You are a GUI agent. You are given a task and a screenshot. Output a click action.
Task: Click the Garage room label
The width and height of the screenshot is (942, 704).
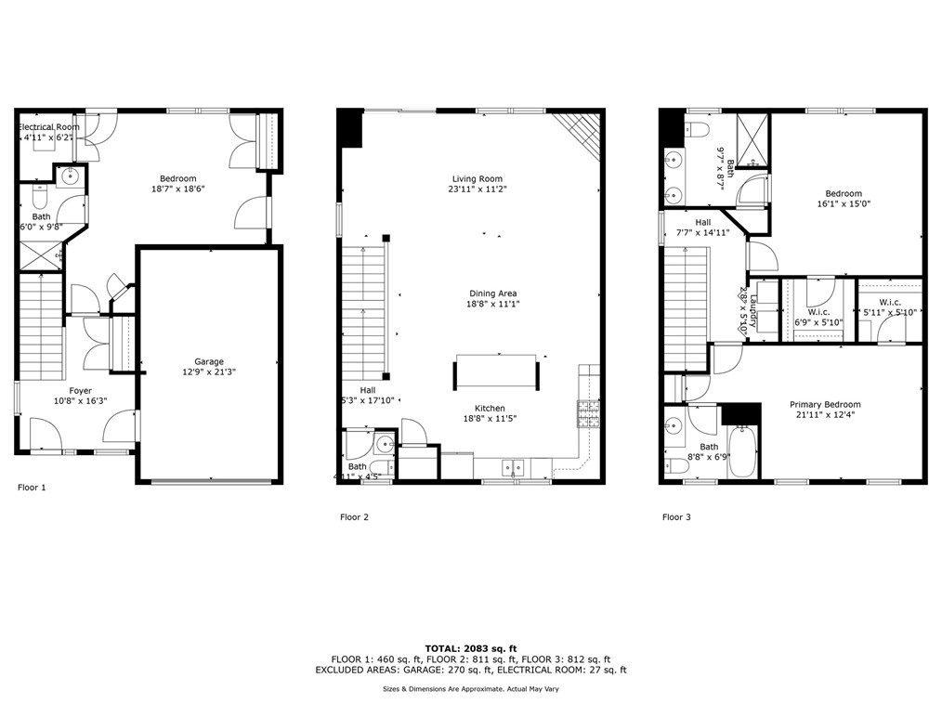[x=209, y=362]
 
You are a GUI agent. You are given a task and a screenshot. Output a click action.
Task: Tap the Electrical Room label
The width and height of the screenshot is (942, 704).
[x=49, y=126]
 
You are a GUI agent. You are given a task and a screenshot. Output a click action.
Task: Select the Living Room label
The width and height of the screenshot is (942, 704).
[x=478, y=179]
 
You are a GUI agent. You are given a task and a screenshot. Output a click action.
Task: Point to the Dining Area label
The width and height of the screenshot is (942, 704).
[x=492, y=293]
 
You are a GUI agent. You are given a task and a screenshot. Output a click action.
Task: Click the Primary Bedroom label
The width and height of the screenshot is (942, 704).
[x=825, y=405]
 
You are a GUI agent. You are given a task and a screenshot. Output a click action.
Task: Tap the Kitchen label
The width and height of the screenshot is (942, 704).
[x=491, y=408]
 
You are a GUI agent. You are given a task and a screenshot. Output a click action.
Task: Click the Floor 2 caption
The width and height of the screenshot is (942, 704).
[x=355, y=516]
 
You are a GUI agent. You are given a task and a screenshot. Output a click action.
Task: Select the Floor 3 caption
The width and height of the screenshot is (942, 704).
[x=676, y=516]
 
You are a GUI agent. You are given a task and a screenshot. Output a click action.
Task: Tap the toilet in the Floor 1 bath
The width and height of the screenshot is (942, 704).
[x=39, y=197]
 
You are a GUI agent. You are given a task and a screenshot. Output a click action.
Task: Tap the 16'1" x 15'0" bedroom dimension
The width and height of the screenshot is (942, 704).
[x=844, y=204]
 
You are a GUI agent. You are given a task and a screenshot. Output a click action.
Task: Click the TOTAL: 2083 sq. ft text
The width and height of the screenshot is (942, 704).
[x=470, y=647]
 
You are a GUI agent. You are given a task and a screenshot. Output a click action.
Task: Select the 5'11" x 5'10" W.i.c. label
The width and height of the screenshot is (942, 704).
[x=890, y=312]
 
